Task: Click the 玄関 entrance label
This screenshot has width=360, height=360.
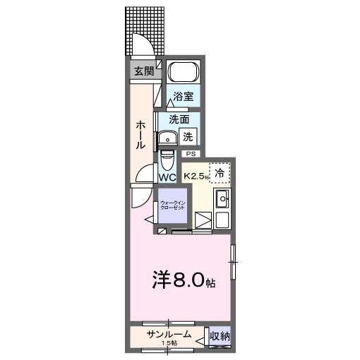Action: point(144,71)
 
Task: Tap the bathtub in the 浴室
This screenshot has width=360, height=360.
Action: point(184,71)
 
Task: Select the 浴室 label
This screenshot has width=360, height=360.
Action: point(184,96)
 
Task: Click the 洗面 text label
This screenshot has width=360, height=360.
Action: point(179,119)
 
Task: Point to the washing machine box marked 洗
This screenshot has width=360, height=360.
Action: point(188,137)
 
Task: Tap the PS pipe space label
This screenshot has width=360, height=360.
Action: point(191,154)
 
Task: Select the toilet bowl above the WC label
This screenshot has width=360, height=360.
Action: point(167,160)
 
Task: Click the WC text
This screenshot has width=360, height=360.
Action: point(167,177)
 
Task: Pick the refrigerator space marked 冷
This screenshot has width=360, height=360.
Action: point(220,173)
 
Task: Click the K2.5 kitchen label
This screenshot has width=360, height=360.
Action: point(194,176)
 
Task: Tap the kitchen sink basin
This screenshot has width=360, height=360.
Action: point(222,198)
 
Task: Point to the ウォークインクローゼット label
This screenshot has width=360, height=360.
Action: point(172,205)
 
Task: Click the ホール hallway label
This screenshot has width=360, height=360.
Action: point(140,134)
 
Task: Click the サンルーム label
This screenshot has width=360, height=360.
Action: point(169,335)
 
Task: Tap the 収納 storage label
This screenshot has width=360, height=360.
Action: point(220,336)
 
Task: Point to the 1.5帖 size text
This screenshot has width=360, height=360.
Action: point(169,343)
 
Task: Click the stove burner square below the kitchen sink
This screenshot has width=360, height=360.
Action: point(222,220)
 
